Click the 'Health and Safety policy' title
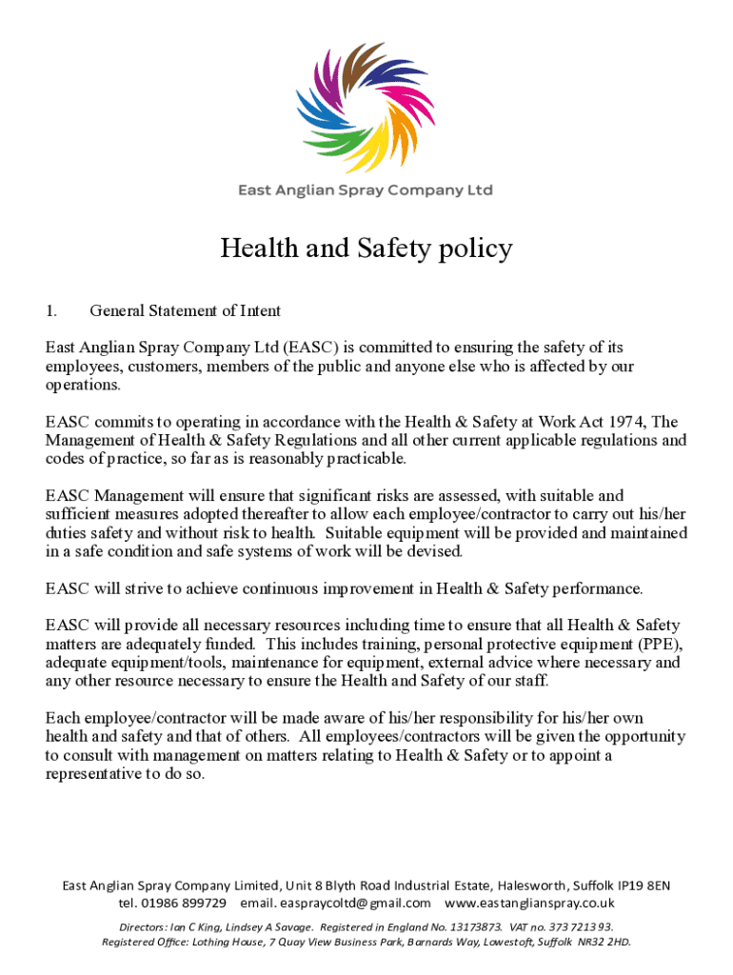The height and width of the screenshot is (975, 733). click(366, 249)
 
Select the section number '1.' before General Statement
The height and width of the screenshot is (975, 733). click(52, 310)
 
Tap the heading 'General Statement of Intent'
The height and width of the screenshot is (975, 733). click(185, 310)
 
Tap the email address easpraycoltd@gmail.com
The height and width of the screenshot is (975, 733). click(356, 903)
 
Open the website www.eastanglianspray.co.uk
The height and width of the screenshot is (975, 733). click(529, 903)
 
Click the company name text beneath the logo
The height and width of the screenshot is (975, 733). click(366, 190)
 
